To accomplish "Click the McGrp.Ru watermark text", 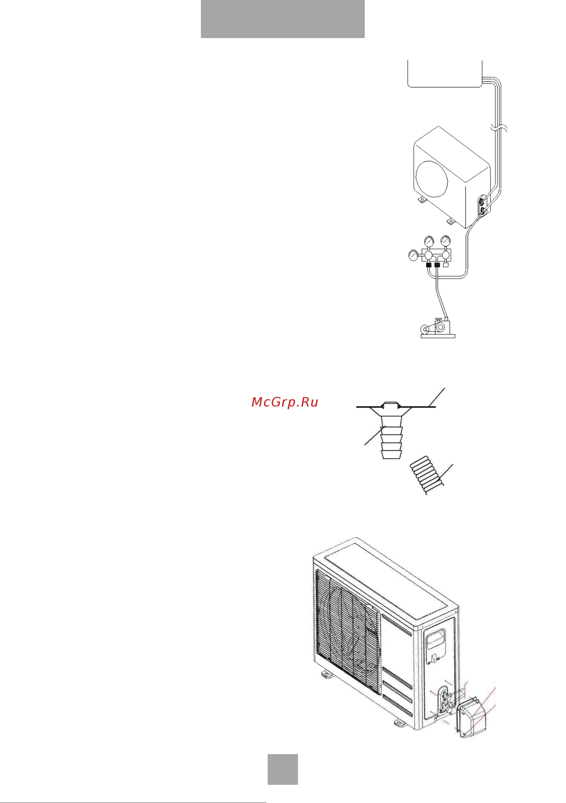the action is [x=285, y=402].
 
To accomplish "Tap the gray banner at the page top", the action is [x=282, y=19].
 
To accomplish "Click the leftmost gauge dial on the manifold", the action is [x=413, y=255].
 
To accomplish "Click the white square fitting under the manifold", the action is [x=446, y=265].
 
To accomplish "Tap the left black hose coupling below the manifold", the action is [x=429, y=265].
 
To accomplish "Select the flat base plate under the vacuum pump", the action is [x=438, y=336].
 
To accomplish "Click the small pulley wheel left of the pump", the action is [x=424, y=329].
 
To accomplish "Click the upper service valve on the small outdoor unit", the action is [x=482, y=202].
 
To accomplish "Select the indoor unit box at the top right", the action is [x=445, y=74].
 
